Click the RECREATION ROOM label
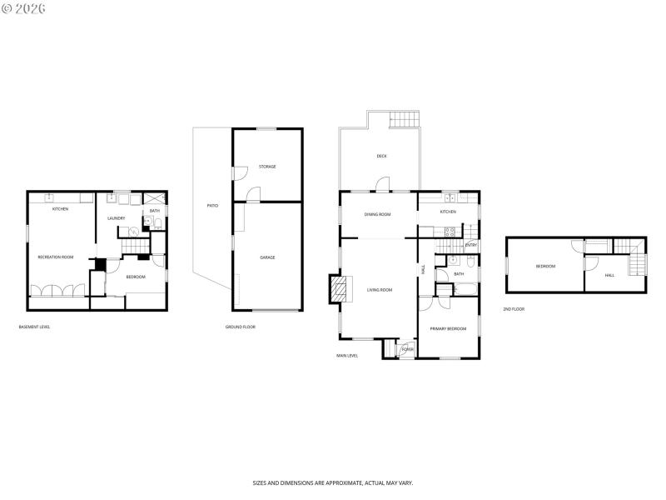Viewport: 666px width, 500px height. click(x=55, y=257)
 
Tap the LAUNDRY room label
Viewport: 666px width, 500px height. click(x=116, y=218)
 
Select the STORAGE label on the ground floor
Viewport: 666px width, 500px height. click(x=267, y=167)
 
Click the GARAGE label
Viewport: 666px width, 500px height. click(x=267, y=257)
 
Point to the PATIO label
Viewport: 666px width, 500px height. click(x=212, y=205)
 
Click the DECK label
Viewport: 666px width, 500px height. click(x=381, y=156)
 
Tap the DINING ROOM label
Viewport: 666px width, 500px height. click(x=377, y=214)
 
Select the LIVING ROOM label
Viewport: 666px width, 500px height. click(x=379, y=290)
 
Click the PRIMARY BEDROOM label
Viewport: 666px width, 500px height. click(x=448, y=329)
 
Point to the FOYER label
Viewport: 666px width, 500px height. click(x=408, y=349)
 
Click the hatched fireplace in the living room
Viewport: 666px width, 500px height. click(x=340, y=290)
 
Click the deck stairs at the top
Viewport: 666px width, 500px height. click(x=404, y=119)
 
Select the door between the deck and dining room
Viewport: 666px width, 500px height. click(x=382, y=185)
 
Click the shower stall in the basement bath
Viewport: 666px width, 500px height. click(x=155, y=199)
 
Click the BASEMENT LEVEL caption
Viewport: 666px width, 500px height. click(x=34, y=327)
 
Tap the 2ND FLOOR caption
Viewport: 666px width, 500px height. click(x=514, y=309)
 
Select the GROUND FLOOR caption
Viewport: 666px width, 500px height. click(x=241, y=327)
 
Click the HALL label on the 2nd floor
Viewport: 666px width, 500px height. click(x=609, y=275)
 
